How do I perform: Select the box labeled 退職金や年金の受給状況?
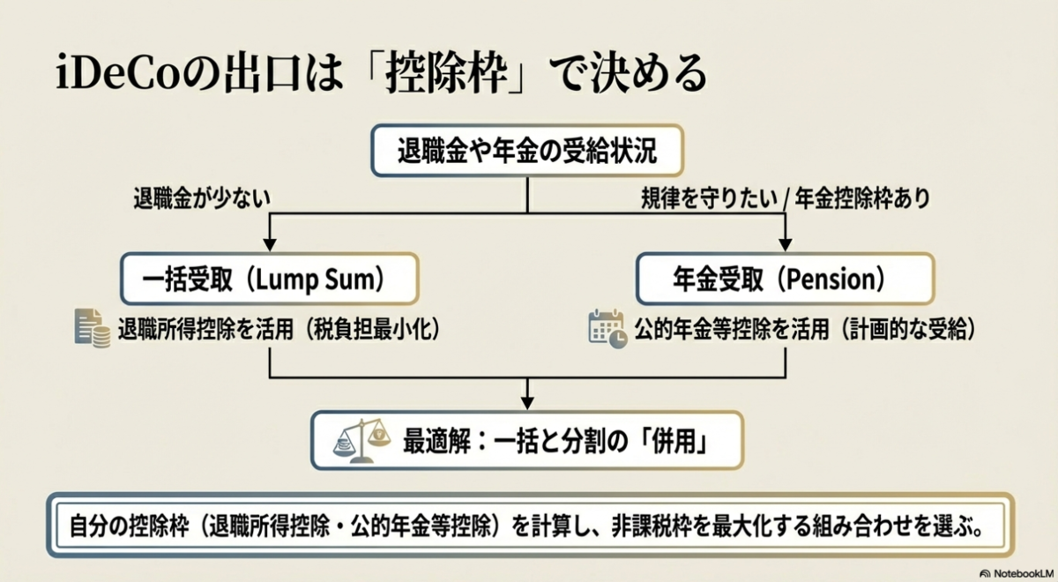click(527, 151)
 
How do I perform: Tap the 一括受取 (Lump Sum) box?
click(270, 280)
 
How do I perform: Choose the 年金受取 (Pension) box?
click(785, 280)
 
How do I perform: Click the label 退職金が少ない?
click(202, 198)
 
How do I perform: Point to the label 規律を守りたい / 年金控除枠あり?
click(786, 198)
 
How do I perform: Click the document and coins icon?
click(93, 328)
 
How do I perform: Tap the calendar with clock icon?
click(607, 329)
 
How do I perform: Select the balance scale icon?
click(361, 440)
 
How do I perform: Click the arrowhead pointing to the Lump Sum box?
click(270, 245)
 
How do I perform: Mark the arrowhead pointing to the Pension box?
click(785, 245)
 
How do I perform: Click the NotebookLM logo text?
click(1024, 573)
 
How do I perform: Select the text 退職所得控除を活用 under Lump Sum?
click(205, 329)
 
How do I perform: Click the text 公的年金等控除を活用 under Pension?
click(732, 329)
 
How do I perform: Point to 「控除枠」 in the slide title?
click(446, 73)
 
